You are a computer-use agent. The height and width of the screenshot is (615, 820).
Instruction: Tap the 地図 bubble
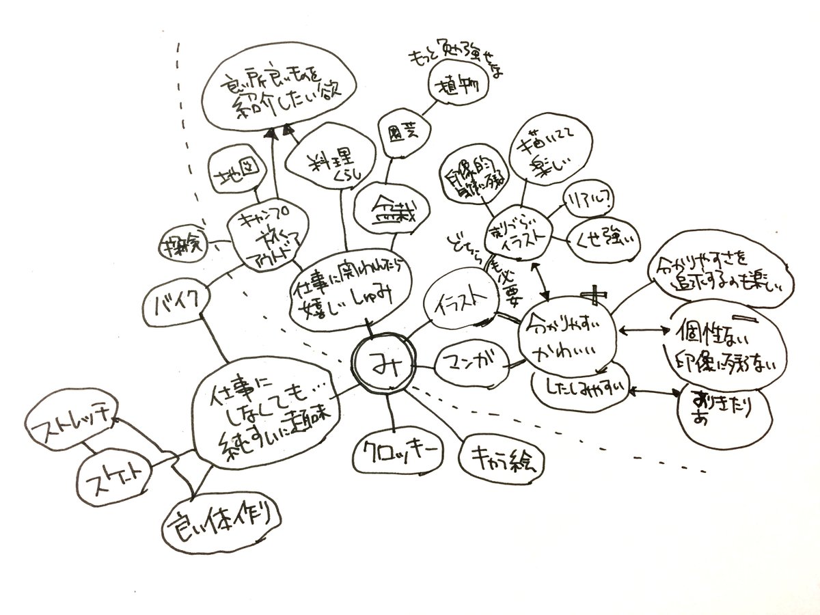[x=234, y=180]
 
